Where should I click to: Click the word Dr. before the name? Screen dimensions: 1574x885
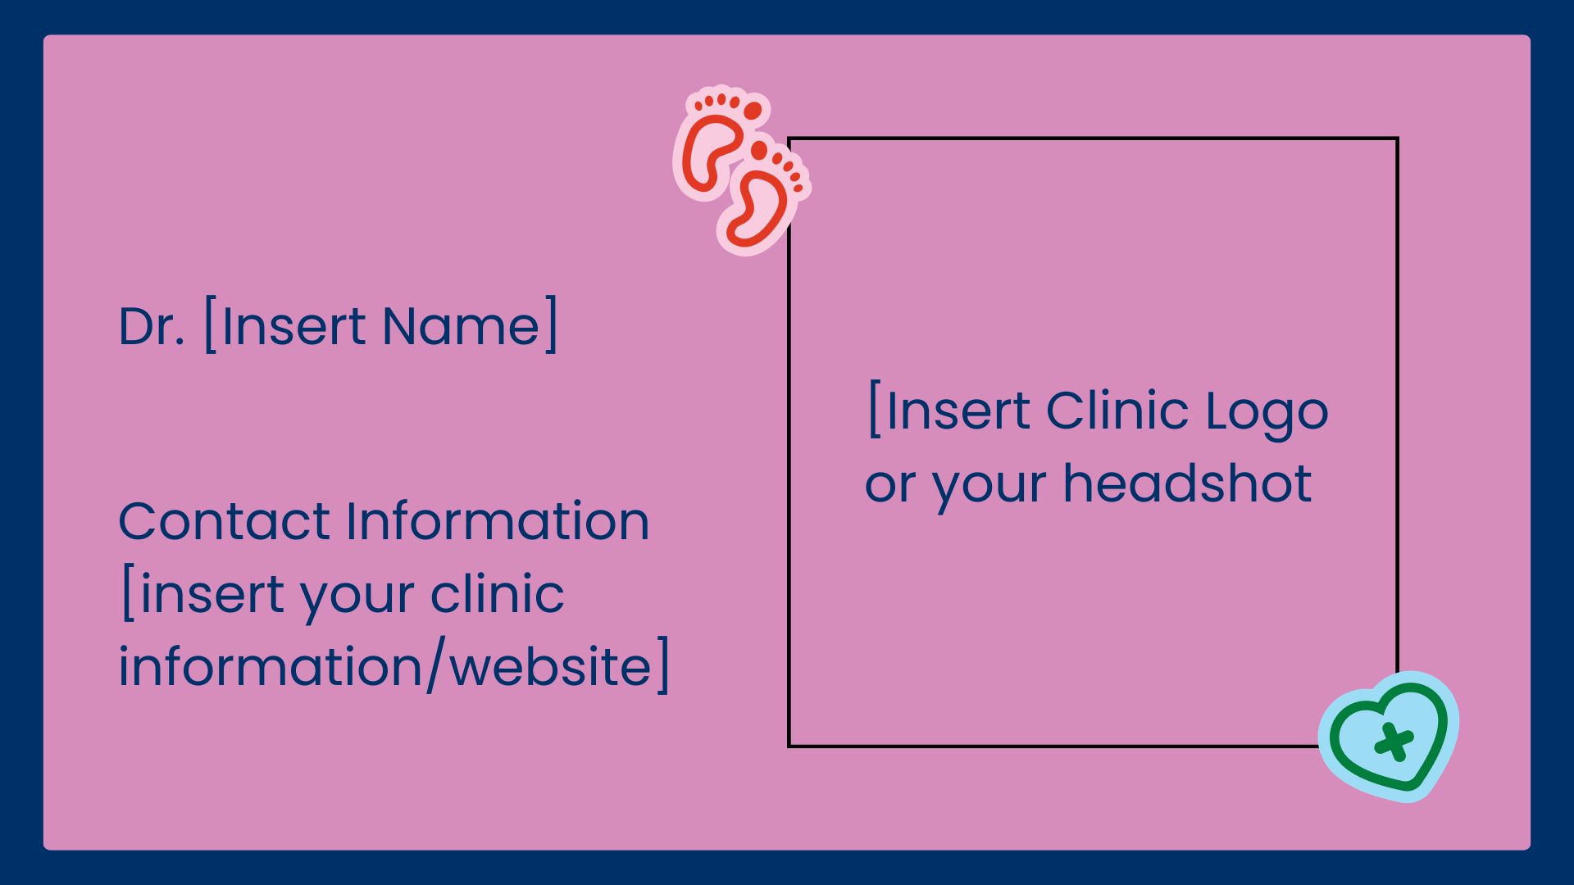[x=152, y=326]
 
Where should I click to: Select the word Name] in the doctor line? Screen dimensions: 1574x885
[x=470, y=324]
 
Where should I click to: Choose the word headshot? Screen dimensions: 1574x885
[x=1187, y=483]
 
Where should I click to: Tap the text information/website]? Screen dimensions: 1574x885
[x=394, y=665]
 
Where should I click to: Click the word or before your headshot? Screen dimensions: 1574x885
[x=889, y=486]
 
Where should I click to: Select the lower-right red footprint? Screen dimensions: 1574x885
[x=764, y=197]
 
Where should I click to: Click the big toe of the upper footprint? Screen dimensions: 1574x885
[x=753, y=111]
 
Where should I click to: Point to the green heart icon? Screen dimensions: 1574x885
[x=1389, y=735]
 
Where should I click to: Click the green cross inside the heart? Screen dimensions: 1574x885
[x=1392, y=742]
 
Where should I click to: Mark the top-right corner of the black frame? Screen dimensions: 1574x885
[x=1398, y=138]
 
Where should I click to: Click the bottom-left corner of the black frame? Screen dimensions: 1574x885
[x=789, y=746]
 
